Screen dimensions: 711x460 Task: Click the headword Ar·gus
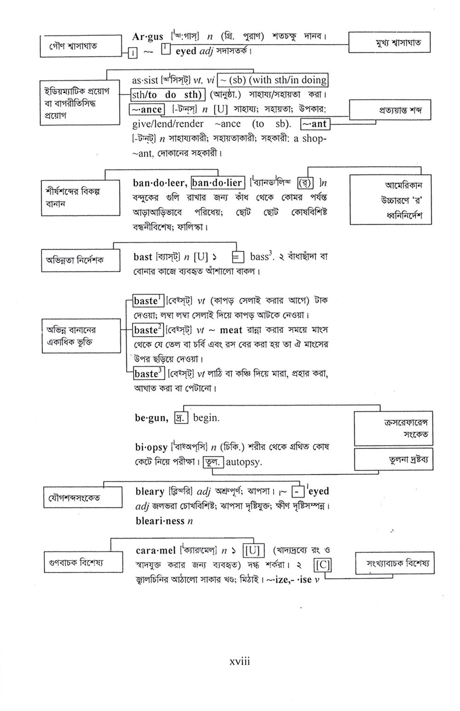pos(147,37)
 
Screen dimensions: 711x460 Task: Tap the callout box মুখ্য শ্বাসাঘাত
pos(390,43)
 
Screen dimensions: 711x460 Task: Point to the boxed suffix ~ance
pos(147,109)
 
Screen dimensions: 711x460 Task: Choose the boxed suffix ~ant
pos(315,124)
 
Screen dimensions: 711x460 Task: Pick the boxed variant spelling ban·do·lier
pos(217,183)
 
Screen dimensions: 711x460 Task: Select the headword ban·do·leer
pos(159,183)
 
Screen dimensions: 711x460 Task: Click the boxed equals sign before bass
pos(237,257)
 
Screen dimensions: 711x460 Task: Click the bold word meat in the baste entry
pos(231,330)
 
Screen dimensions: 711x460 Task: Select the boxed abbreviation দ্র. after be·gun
pos(179,418)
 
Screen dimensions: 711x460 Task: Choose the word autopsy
pos(244,462)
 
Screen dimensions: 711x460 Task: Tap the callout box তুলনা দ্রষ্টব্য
pos(394,459)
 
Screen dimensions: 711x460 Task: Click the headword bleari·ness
pos(161,521)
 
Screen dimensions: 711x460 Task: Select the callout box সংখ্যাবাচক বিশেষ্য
pos(394,563)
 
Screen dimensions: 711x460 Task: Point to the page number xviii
pos(240,662)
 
